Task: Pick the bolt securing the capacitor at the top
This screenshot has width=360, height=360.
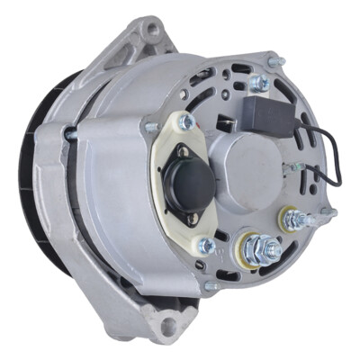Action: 260,83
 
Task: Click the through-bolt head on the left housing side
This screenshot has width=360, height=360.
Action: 71,132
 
